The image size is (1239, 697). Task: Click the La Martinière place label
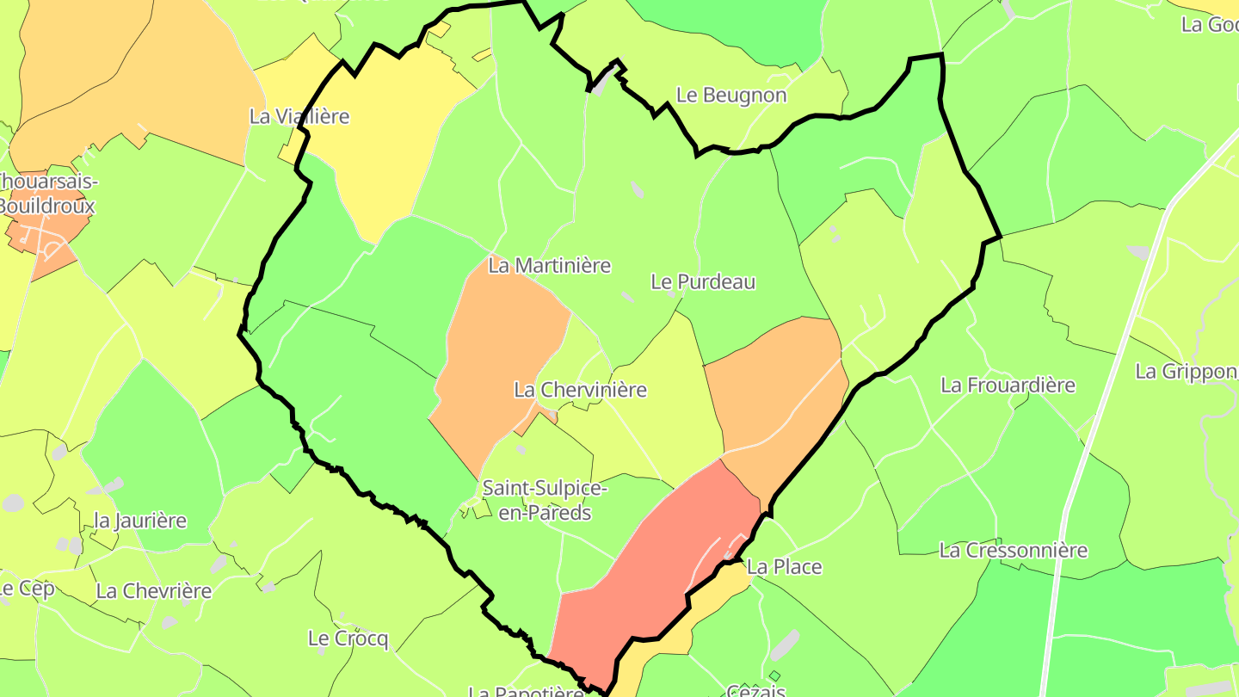coord(549,266)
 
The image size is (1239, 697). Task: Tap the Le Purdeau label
coord(703,281)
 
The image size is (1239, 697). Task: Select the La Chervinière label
coord(580,390)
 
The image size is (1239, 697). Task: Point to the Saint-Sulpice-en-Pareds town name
coord(545,500)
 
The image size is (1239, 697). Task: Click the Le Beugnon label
coord(731,95)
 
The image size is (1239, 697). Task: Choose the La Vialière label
coord(299,116)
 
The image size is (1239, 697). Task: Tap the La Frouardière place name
coord(1008,385)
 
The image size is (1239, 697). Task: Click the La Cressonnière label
coord(1014,550)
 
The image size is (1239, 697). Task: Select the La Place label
coord(784,567)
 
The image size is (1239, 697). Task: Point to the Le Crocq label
coord(348,638)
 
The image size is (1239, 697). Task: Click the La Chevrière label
coord(154,591)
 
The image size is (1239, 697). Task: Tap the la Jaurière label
coord(140,521)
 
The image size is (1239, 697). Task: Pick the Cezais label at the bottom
coord(756,690)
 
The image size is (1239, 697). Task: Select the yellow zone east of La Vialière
coord(387,138)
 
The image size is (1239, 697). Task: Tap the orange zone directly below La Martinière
coord(499,353)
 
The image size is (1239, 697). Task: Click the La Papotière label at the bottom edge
coord(527,691)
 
